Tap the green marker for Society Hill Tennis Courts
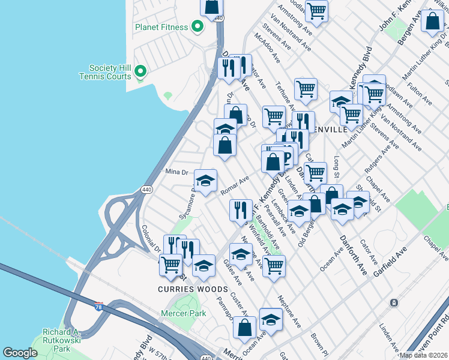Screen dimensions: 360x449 pos(140,72)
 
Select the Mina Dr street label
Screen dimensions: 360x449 pos(177,172)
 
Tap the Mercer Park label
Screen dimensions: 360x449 pos(184,313)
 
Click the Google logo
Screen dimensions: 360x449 pos(20,353)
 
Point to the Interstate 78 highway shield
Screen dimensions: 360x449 pos(98,306)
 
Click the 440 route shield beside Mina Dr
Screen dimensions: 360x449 pos(146,190)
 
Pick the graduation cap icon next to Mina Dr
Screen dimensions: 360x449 pos(205,180)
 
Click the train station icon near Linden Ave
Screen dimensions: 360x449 pos(394,303)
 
